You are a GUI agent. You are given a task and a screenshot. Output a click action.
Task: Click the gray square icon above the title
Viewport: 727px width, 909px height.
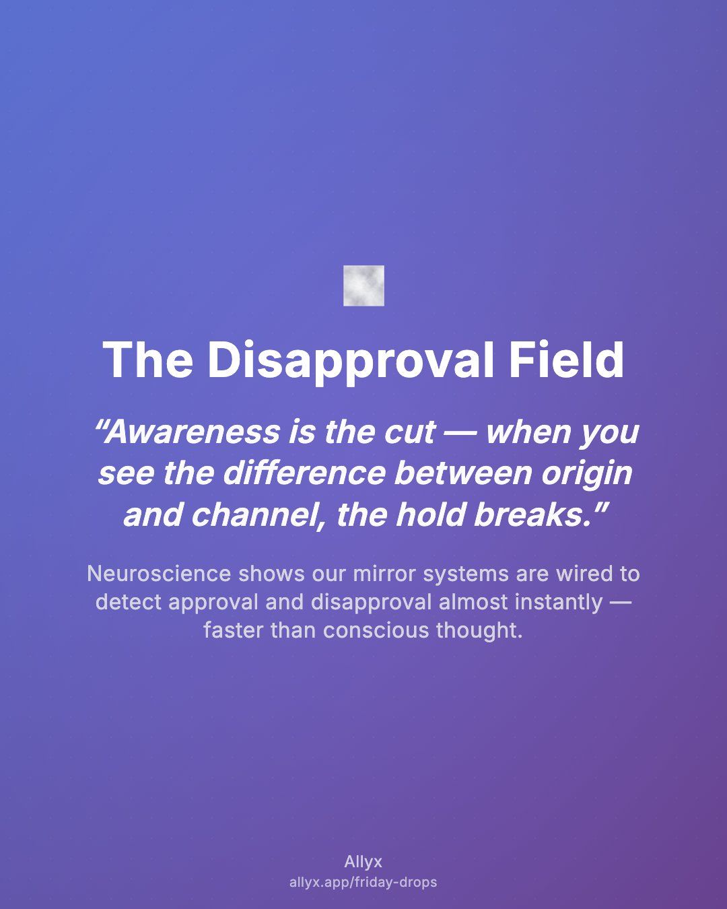[363, 285]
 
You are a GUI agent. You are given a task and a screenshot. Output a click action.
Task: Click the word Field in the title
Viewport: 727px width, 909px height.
[566, 360]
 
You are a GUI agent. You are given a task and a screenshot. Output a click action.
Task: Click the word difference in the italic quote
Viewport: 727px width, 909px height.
[304, 473]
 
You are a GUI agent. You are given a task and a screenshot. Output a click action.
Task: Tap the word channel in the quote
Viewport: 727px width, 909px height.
[256, 515]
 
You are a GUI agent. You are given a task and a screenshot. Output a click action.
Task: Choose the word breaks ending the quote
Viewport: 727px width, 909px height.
[536, 515]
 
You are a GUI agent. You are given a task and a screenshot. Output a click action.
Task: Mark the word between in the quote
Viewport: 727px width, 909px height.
[463, 473]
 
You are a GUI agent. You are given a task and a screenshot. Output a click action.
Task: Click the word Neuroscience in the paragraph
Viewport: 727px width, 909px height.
[159, 574]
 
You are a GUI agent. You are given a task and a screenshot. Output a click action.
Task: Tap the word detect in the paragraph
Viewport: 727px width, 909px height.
[129, 603]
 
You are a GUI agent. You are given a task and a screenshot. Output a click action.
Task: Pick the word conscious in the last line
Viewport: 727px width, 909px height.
[376, 631]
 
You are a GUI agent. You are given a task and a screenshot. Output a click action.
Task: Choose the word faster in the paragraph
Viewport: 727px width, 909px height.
[234, 631]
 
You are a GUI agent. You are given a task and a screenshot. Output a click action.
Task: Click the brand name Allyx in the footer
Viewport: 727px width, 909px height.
[363, 862]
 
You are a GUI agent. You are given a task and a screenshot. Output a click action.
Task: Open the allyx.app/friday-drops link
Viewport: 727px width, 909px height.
[363, 883]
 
